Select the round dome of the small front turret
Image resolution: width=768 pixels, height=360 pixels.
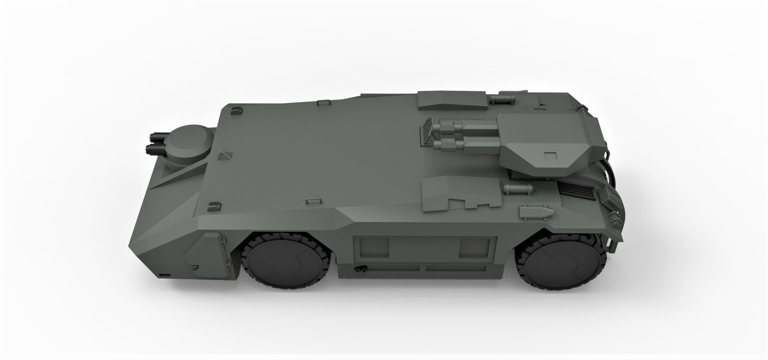pyautogui.click(x=190, y=139)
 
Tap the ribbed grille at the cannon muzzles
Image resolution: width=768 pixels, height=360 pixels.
pyautogui.click(x=429, y=132)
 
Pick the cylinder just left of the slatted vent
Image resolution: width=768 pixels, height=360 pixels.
pyautogui.click(x=518, y=188)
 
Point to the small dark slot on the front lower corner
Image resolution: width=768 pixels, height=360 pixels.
pyautogui.click(x=165, y=276)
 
